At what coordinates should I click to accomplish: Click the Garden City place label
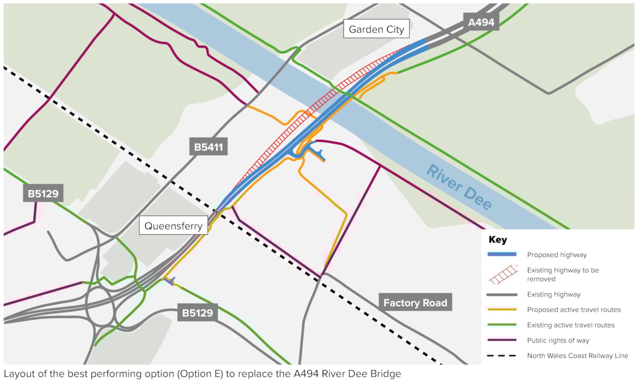pyautogui.click(x=377, y=29)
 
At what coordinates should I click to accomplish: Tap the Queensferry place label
pyautogui.click(x=174, y=226)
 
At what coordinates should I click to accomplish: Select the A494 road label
pyautogui.click(x=481, y=22)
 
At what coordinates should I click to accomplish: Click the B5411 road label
pyautogui.click(x=208, y=147)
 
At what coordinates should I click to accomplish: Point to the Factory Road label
pyautogui.click(x=415, y=303)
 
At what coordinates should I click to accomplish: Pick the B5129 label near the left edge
pyautogui.click(x=43, y=193)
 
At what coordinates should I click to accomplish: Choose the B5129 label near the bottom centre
pyautogui.click(x=197, y=313)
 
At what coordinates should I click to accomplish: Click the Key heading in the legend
pyautogui.click(x=498, y=240)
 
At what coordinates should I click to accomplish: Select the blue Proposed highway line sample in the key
pyautogui.click(x=502, y=254)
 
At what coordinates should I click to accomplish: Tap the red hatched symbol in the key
pyautogui.click(x=502, y=274)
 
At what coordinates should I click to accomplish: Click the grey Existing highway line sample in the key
pyautogui.click(x=502, y=294)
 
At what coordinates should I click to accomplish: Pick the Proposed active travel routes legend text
pyautogui.click(x=574, y=310)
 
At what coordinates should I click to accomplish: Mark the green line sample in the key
pyautogui.click(x=502, y=324)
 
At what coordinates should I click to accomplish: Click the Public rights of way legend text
pyautogui.click(x=558, y=340)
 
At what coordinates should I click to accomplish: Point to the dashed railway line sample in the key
pyautogui.click(x=502, y=355)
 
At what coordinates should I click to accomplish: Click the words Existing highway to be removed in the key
pyautogui.click(x=563, y=274)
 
